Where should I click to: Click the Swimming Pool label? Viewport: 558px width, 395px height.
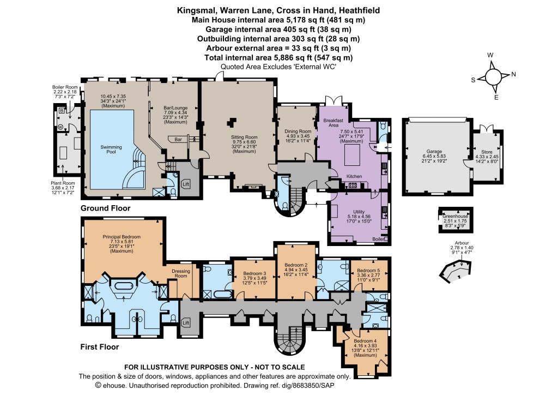(x=111, y=149)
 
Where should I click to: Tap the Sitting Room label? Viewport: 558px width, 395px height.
(x=244, y=137)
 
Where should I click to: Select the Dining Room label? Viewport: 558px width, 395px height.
(x=298, y=131)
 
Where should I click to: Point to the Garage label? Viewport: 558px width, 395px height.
(x=434, y=151)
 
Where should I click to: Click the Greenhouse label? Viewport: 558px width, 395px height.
(x=455, y=216)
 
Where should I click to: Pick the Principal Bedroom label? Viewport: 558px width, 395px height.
(x=122, y=237)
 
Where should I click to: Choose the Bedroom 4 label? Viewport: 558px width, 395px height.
(x=365, y=341)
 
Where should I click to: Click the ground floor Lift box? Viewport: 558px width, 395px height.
(x=185, y=184)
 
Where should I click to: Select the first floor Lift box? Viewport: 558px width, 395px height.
(x=185, y=323)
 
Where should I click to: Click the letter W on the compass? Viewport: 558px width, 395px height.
(x=490, y=55)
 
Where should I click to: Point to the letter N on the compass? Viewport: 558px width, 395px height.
(x=513, y=74)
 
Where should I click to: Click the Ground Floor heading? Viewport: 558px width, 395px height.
(x=105, y=208)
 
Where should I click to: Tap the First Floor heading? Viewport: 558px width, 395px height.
(x=100, y=346)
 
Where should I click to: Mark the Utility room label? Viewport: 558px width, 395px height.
(x=359, y=212)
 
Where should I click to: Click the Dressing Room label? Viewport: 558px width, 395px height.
(x=181, y=273)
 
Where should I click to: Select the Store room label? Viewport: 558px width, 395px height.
(x=487, y=152)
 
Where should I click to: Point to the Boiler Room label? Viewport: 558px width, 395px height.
(x=65, y=87)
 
